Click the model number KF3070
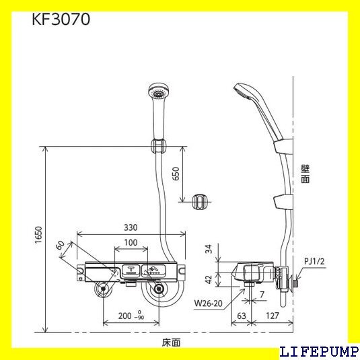pyautogui.click(x=61, y=20)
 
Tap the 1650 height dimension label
pyautogui.click(x=38, y=235)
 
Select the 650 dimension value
pyautogui.click(x=176, y=174)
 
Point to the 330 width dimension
pyautogui.click(x=131, y=227)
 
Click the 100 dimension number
pyautogui.click(x=131, y=242)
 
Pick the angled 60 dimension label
pyautogui.click(x=60, y=246)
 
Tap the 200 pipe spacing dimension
pyautogui.click(x=131, y=316)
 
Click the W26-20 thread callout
pyautogui.click(x=208, y=303)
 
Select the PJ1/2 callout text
pyautogui.click(x=314, y=261)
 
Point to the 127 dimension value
pyautogui.click(x=273, y=316)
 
